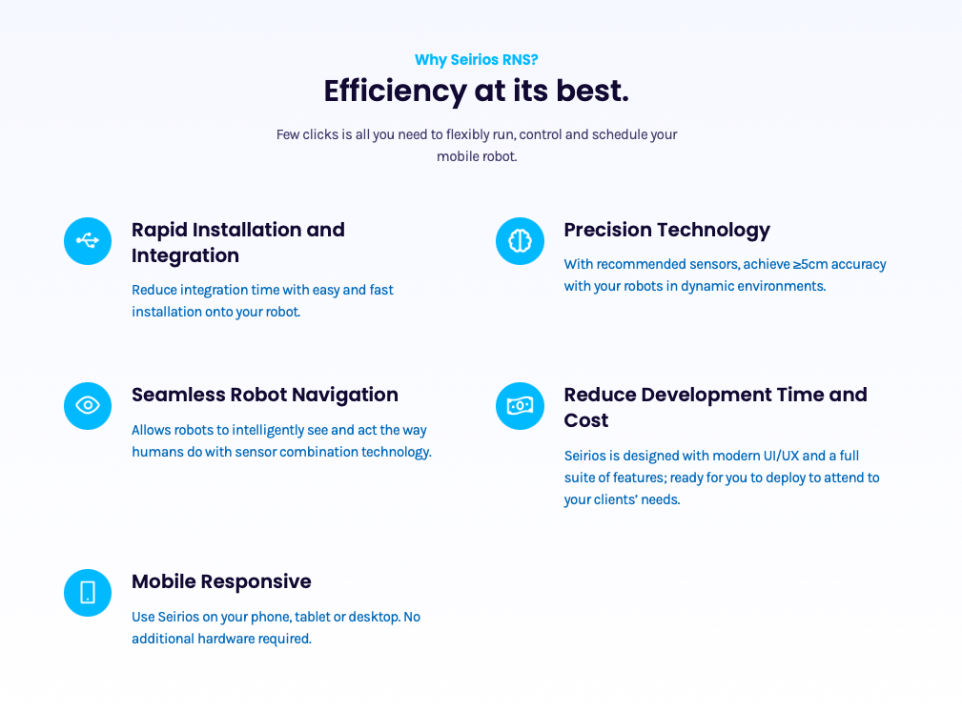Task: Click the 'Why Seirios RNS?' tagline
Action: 476,60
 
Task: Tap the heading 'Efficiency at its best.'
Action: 476,92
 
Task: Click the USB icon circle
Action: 88,241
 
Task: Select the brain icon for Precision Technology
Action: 520,241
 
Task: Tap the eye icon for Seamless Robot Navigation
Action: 88,406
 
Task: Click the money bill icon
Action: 520,406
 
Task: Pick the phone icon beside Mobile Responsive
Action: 88,593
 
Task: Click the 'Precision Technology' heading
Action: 666,231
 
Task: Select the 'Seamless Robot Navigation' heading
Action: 265,396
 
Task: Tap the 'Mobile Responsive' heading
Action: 221,582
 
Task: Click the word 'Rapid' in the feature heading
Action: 159,231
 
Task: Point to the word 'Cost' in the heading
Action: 586,420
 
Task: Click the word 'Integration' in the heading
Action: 185,256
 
